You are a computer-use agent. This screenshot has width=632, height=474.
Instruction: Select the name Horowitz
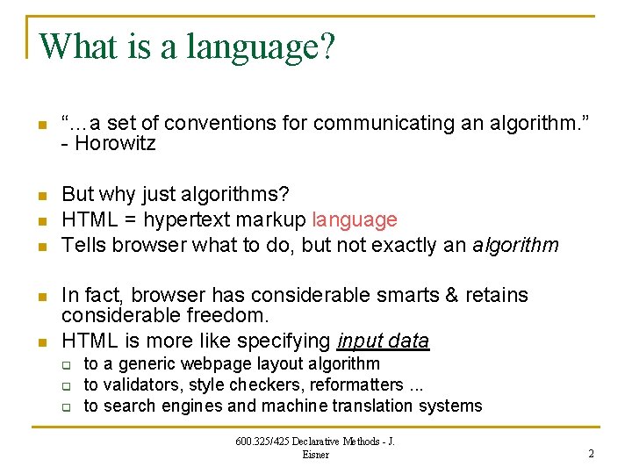click(x=115, y=144)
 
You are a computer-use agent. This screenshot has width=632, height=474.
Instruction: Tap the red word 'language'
click(x=355, y=219)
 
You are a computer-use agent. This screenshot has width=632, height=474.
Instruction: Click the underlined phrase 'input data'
click(x=383, y=341)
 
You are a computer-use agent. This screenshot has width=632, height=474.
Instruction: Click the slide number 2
click(x=591, y=453)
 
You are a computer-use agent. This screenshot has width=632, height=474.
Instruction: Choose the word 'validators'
click(x=140, y=384)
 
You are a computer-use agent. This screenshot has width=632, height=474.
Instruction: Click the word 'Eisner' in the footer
click(x=315, y=454)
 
